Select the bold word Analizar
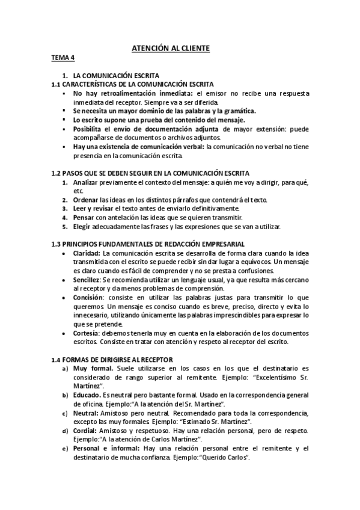click(85, 182)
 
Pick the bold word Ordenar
click(85, 200)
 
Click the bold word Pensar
click(84, 218)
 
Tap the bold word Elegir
click(82, 227)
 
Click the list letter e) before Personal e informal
click(65, 449)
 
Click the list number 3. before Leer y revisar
click(65, 209)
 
